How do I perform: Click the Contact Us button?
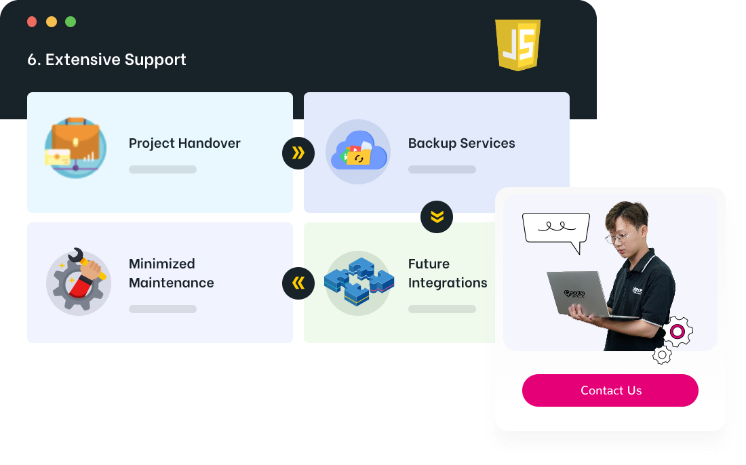(x=610, y=390)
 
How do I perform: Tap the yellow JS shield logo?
(x=517, y=45)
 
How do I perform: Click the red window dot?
(x=32, y=22)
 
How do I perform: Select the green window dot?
(x=71, y=22)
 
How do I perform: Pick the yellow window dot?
(x=52, y=22)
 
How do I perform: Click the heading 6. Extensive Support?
(x=106, y=60)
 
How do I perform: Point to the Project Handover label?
(x=184, y=143)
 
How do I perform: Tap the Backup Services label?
(x=461, y=143)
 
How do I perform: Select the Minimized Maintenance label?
(x=171, y=273)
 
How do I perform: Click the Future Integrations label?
(x=448, y=273)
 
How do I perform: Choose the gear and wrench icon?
(x=78, y=279)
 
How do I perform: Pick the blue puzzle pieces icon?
(x=359, y=281)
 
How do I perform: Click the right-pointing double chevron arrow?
(x=298, y=153)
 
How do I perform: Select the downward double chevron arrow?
(x=437, y=217)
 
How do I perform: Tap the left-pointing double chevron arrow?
(x=298, y=283)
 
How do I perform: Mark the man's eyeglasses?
(x=619, y=237)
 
